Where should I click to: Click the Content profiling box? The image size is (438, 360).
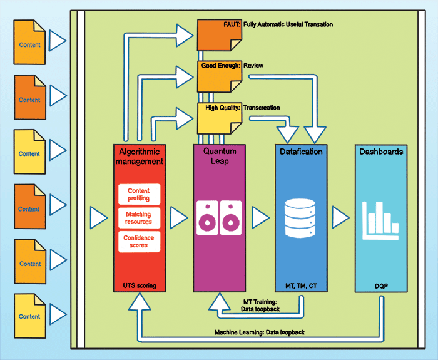[138, 193]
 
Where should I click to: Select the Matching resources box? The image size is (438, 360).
[138, 217]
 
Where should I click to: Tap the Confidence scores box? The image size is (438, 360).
[138, 241]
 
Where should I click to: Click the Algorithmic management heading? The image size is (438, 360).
[138, 157]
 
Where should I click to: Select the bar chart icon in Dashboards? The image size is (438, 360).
[381, 222]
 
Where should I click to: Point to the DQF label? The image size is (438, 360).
[381, 285]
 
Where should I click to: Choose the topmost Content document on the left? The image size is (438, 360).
[29, 45]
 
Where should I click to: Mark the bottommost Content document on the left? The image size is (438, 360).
[29, 316]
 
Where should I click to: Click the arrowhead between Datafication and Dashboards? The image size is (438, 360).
[340, 218]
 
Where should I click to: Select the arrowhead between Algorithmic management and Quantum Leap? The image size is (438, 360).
[180, 218]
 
